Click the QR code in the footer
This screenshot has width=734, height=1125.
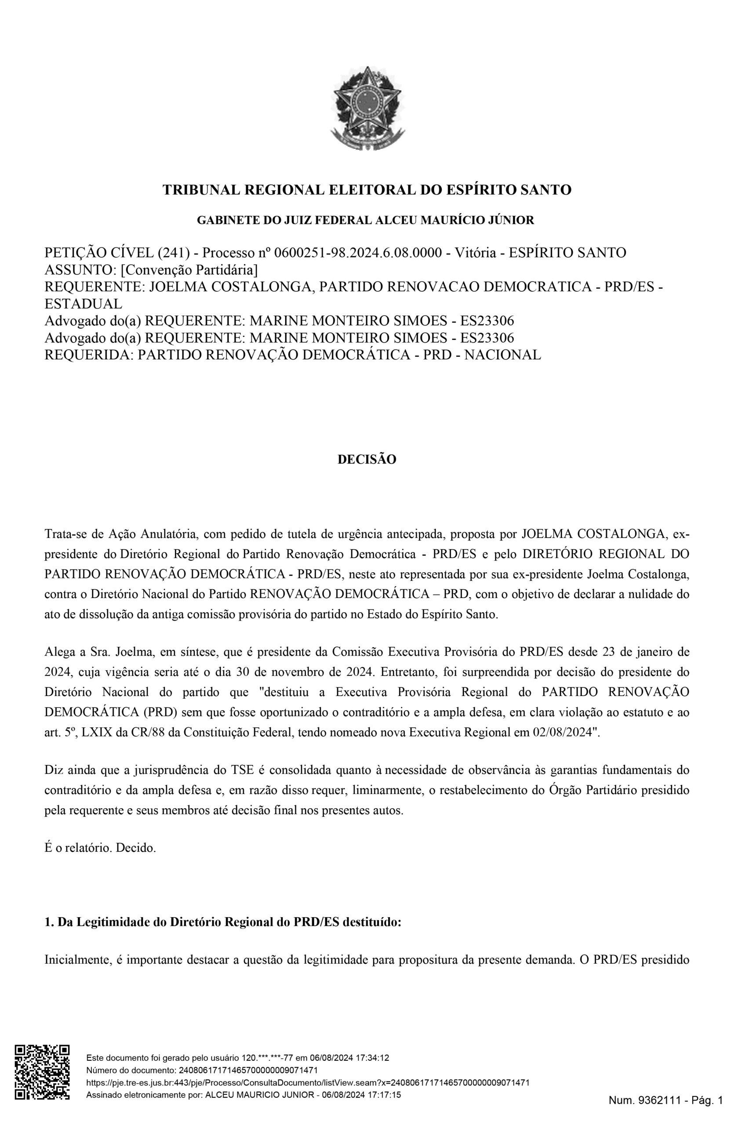(43, 1078)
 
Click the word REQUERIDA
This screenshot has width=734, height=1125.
(87, 355)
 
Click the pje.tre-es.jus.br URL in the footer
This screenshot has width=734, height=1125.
(307, 1082)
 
